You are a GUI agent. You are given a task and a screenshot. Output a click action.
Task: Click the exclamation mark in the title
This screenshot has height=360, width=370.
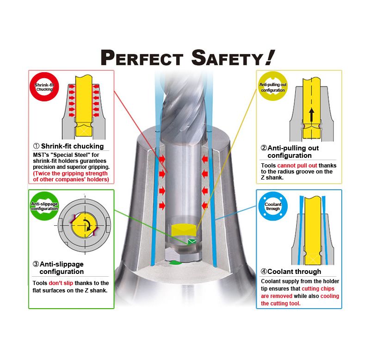[x=270, y=57]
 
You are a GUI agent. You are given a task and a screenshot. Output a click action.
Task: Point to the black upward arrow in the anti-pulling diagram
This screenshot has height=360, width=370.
[x=312, y=115]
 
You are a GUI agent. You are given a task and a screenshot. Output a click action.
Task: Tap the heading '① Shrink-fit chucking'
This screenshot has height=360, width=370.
[x=68, y=146]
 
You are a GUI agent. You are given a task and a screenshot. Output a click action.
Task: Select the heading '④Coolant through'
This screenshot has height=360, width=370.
[x=291, y=272]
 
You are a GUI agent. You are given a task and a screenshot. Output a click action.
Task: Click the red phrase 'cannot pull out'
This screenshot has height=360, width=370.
[x=297, y=166]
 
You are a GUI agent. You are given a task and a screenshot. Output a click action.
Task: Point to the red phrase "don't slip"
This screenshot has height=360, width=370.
[x=61, y=283]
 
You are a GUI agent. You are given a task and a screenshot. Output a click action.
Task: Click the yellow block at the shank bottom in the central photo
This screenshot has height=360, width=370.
[x=183, y=230]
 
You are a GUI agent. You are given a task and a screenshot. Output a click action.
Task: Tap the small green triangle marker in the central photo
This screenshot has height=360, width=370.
[x=191, y=241]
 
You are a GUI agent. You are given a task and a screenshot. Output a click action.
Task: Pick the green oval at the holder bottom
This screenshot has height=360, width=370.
[x=175, y=262]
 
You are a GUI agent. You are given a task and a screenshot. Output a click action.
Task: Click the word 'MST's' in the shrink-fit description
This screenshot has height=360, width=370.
[x=41, y=155]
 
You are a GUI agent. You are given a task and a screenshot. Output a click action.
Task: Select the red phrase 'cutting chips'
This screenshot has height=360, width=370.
[x=318, y=288]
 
